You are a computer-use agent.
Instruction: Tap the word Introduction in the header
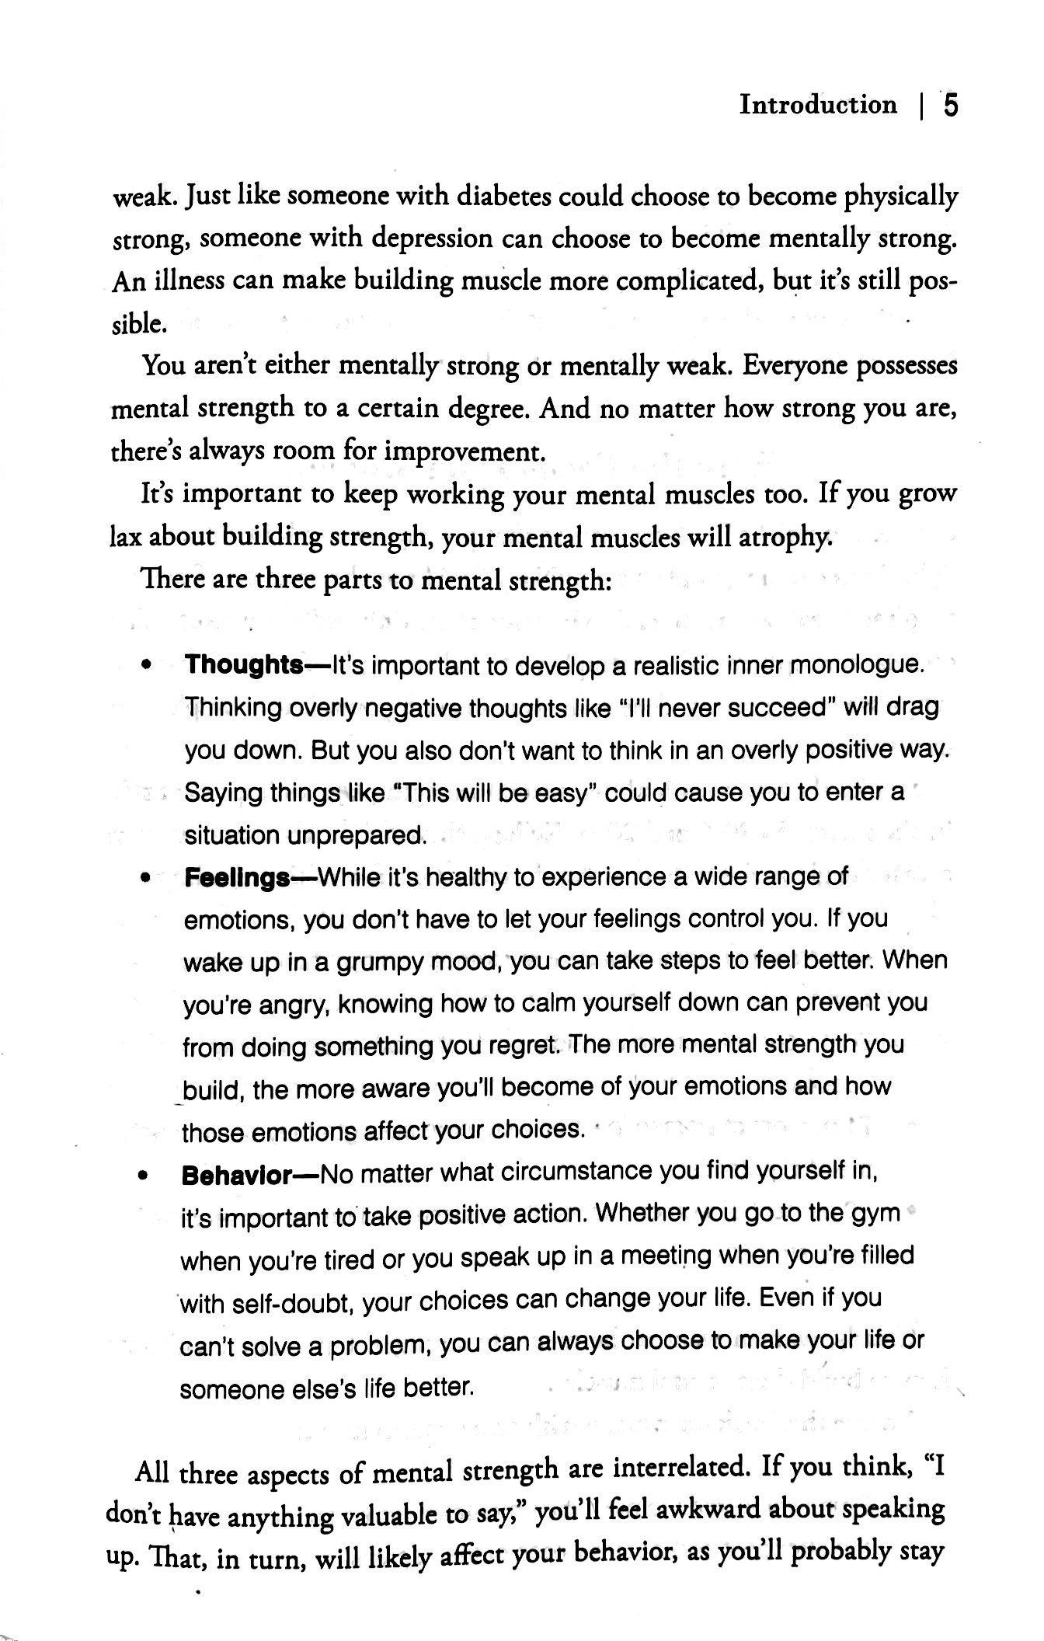(818, 104)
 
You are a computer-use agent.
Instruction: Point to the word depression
(431, 239)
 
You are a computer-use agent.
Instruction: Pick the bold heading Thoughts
(244, 665)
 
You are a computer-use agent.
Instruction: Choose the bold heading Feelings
(237, 878)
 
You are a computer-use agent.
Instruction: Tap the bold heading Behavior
(236, 1175)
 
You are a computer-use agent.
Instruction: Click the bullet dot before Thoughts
(145, 666)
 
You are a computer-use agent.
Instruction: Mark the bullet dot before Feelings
(144, 879)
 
